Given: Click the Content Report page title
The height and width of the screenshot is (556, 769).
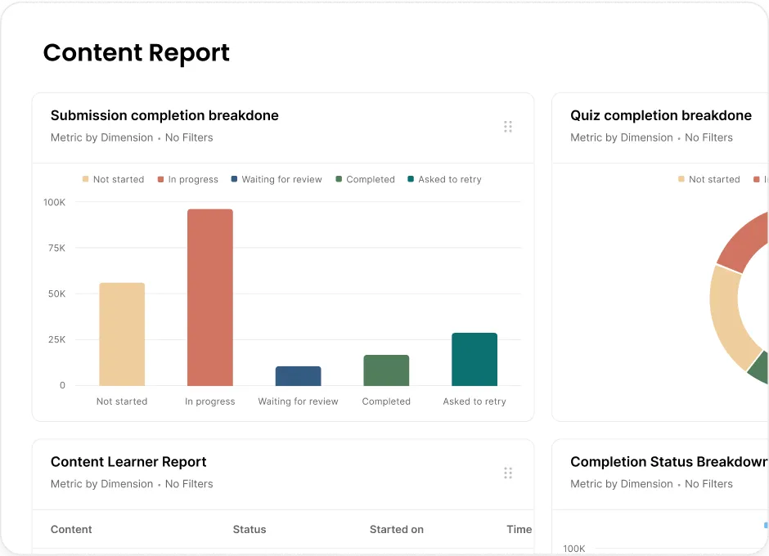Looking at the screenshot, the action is tap(137, 53).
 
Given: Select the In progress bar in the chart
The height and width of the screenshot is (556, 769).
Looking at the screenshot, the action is tap(210, 297).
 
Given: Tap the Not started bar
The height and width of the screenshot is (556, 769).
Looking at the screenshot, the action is tap(122, 334).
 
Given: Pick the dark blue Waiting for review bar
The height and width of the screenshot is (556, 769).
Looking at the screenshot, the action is tap(298, 375).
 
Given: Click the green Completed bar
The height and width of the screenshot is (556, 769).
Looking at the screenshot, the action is tap(386, 370).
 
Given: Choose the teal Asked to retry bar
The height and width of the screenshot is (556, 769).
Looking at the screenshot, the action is tap(474, 359).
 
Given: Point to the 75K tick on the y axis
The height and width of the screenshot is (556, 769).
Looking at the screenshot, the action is tap(56, 248).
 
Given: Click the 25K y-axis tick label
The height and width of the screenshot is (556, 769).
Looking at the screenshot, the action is tap(56, 339).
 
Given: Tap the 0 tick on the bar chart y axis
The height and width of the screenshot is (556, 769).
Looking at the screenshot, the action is tap(62, 385).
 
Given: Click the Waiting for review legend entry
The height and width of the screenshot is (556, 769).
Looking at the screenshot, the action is tap(277, 179).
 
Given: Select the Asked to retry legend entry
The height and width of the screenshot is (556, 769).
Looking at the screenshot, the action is tap(444, 179).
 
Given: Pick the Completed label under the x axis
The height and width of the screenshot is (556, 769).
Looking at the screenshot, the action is tap(386, 401).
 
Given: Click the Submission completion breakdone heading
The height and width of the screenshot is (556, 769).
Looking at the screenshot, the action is tap(164, 116).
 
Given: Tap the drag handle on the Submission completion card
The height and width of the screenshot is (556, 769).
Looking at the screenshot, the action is tap(508, 127).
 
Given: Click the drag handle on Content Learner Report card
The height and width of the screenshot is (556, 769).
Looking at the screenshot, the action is tap(508, 473).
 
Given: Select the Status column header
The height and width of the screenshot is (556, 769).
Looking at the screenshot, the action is tap(250, 530).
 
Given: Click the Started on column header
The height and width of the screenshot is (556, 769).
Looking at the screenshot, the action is tap(396, 530).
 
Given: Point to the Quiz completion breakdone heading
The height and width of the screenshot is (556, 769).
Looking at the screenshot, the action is tap(661, 116).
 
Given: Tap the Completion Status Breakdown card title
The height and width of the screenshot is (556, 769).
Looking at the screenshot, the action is tap(669, 462).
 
